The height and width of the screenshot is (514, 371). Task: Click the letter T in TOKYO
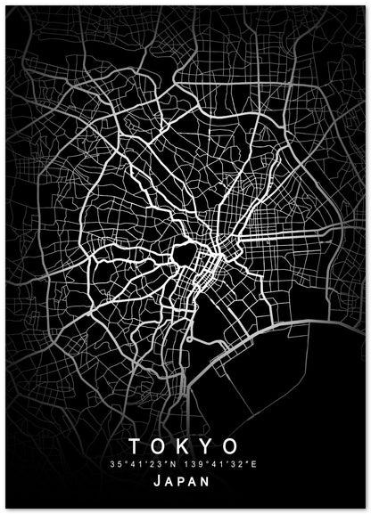(x=135, y=445)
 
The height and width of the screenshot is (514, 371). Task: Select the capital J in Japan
(x=158, y=482)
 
